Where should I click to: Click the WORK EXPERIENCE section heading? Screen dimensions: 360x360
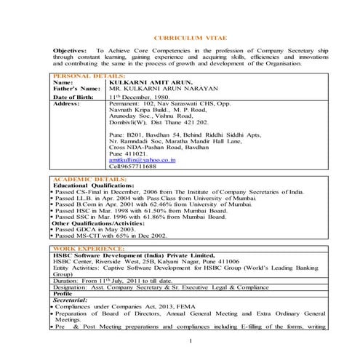point(81,249)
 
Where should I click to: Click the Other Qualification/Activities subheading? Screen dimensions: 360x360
point(99,222)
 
